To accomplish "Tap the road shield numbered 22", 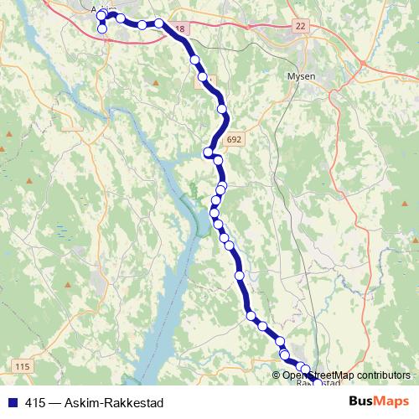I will (x=301, y=27).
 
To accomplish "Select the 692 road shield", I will (x=235, y=140).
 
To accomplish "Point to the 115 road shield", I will (x=22, y=367).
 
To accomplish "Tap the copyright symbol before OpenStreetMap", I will (x=277, y=375).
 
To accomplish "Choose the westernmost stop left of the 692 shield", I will (x=208, y=152).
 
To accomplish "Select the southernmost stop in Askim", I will (x=102, y=29).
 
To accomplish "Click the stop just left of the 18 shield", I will (x=159, y=23).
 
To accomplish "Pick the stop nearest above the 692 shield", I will (x=222, y=109).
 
